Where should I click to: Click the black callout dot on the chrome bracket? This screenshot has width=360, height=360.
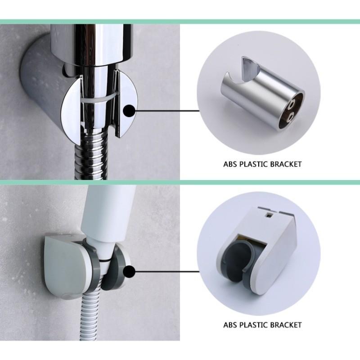tap(129, 110)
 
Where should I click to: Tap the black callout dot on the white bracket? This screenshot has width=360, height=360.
tap(129, 272)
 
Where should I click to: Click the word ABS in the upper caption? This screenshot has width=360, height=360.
tap(230, 164)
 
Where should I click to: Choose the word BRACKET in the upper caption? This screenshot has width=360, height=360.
tap(287, 164)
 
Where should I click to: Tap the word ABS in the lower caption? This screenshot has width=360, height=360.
tap(230, 324)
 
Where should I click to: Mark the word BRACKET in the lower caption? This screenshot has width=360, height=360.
tap(287, 324)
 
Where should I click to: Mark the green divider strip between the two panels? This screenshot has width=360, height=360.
tap(180, 183)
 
